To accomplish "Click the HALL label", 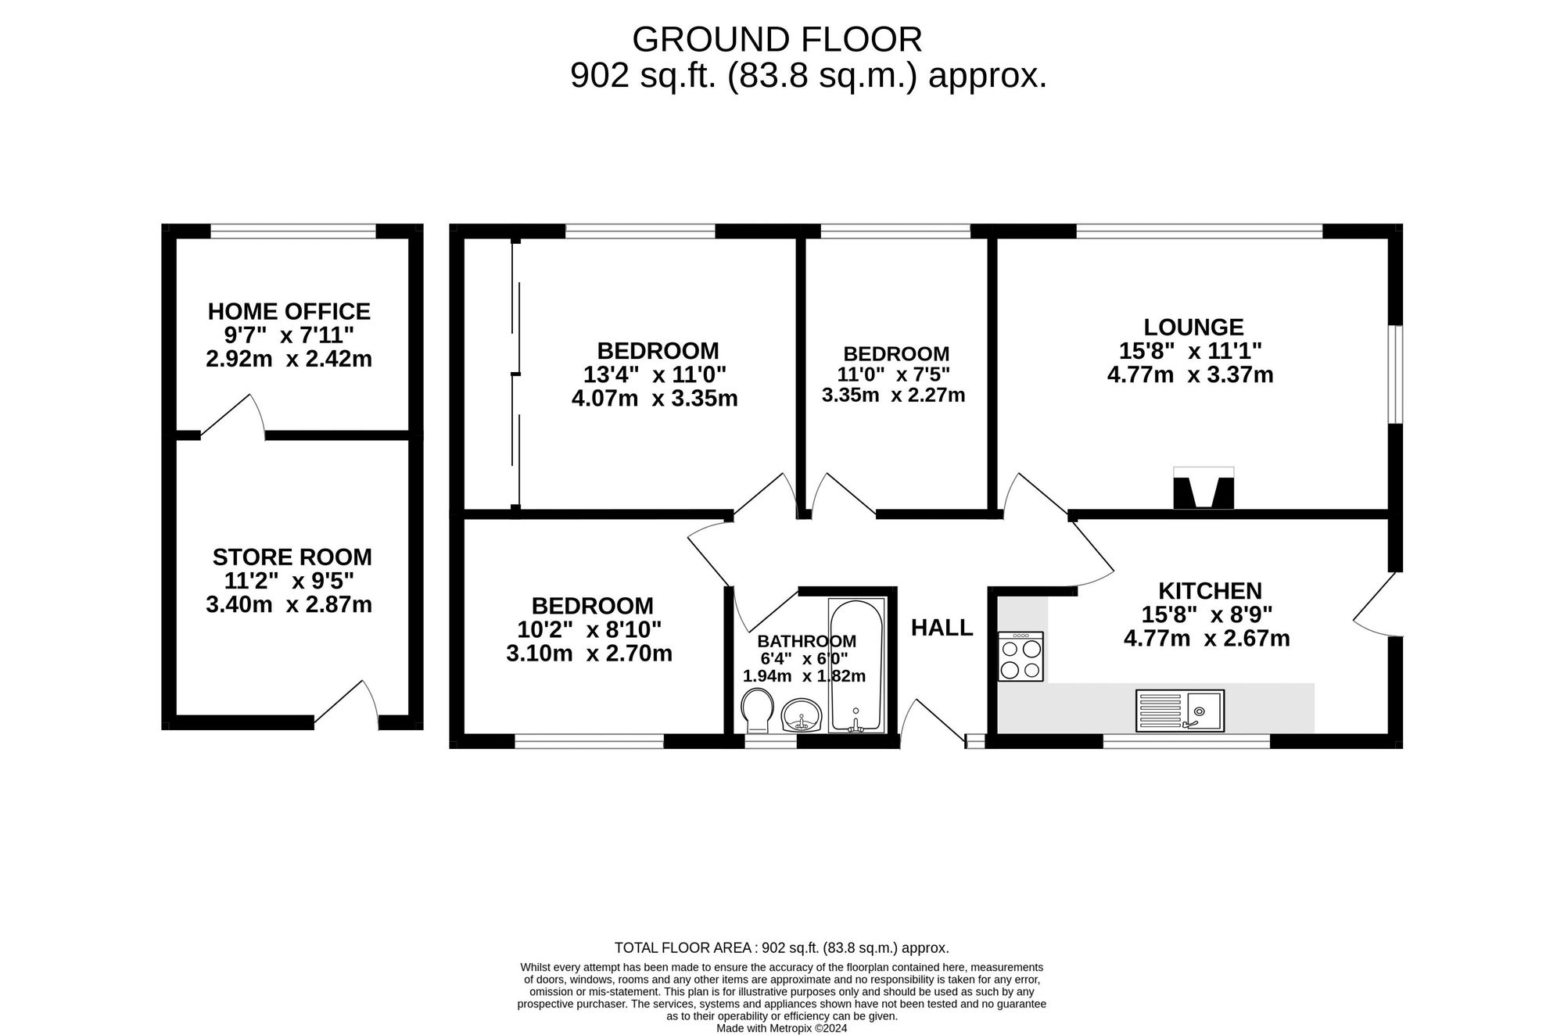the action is (942, 628).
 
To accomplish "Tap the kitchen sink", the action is (1180, 711).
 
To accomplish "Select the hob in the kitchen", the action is (1021, 656).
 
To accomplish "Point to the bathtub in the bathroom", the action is (856, 666).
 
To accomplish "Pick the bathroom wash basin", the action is (801, 714).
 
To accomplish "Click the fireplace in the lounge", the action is (1203, 489).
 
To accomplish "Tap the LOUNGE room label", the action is (1193, 327).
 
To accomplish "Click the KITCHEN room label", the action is (1210, 590).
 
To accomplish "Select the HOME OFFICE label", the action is (289, 311).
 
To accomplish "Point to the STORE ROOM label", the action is (292, 557).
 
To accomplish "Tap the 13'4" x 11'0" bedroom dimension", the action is (655, 374).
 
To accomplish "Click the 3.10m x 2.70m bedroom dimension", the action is (590, 653).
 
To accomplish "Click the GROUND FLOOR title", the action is (777, 39).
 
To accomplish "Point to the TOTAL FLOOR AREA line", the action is (782, 948).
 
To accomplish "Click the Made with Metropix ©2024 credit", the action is (782, 1029).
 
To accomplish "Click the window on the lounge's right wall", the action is (1396, 374).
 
